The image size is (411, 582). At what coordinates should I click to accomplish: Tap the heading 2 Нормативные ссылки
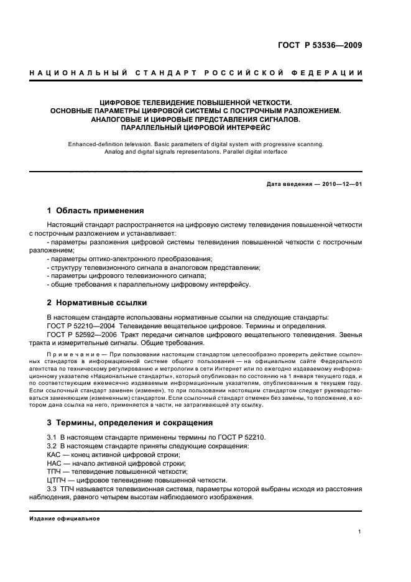[98, 303]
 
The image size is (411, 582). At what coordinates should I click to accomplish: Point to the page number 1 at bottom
[360, 532]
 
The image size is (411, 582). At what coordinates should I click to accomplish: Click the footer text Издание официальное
[65, 518]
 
